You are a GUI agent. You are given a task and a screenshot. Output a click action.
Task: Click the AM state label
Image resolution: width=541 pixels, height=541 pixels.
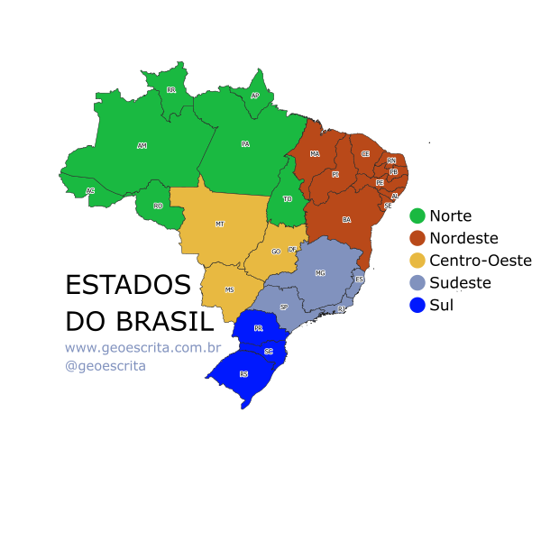pos(142,145)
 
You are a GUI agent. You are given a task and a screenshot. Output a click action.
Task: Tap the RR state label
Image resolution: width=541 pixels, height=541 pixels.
pos(171,90)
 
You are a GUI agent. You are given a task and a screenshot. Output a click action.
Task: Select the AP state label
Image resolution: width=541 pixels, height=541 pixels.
pos(255,96)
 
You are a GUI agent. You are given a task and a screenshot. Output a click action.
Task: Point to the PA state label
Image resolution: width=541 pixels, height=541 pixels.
pos(245,144)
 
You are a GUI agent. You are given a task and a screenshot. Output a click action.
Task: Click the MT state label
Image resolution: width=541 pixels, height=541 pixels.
pos(219,223)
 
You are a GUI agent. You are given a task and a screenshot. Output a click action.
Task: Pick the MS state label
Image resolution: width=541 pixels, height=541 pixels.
pos(229,290)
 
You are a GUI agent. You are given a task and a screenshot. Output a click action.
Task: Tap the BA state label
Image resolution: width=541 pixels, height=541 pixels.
pos(346,219)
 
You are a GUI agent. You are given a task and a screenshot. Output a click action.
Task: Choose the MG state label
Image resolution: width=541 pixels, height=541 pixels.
pos(320,272)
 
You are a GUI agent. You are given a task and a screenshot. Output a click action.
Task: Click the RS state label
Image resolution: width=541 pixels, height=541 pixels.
pos(243,373)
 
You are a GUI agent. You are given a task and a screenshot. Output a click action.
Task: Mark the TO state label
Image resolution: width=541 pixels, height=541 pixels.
pos(288,198)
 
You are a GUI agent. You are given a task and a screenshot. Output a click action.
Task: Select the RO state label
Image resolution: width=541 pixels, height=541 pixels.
pos(158,206)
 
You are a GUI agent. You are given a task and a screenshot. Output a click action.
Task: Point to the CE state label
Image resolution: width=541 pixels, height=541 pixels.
pos(365,154)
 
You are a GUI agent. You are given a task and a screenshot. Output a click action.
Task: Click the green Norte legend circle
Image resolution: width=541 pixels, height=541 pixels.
pos(417,216)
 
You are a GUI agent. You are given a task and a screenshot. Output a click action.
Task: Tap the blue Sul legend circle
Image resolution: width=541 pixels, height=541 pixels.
pos(417,306)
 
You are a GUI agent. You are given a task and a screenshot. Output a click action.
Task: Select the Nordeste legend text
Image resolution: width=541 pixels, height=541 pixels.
pos(463,238)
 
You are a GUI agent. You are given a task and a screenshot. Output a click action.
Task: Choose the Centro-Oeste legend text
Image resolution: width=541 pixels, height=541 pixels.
pos(481,261)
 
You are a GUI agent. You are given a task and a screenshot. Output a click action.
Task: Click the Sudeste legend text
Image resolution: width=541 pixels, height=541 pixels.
pos(460,283)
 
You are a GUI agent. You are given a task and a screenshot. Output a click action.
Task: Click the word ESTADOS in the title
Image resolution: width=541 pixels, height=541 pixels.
pos(128,285)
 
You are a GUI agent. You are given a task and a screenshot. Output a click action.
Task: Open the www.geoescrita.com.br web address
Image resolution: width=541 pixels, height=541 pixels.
pos(142,347)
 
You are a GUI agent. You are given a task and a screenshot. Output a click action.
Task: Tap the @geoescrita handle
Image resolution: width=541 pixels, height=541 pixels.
pos(105,366)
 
